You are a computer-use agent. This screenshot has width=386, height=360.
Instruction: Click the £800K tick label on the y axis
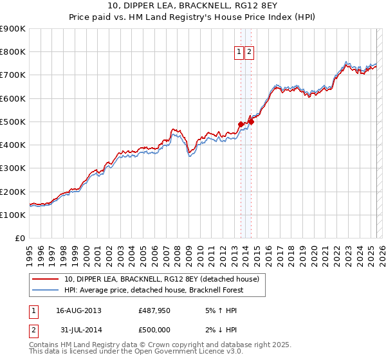[12, 52]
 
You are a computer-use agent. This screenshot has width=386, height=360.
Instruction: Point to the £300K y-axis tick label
[12, 168]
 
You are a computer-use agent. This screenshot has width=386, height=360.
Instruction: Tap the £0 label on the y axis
[20, 239]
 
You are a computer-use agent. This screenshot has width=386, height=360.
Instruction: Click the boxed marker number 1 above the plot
[239, 53]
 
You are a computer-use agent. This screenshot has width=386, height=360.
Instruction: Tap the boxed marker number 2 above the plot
[249, 53]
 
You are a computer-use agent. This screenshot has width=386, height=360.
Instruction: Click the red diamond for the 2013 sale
[241, 125]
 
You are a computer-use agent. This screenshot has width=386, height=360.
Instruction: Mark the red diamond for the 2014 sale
[252, 122]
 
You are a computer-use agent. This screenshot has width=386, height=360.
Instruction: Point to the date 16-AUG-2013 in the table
[79, 311]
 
